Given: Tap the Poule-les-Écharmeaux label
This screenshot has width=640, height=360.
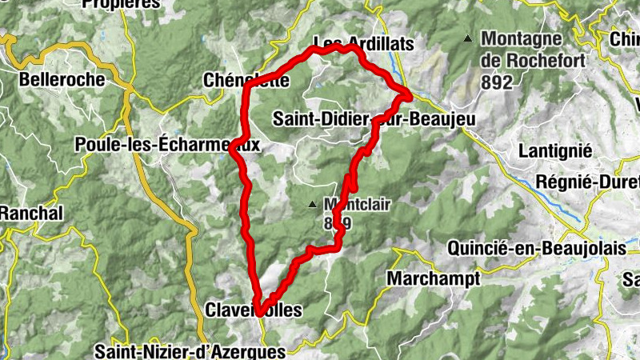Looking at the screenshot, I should (166, 145).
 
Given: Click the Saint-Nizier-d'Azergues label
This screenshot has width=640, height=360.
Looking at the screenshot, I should (190, 351).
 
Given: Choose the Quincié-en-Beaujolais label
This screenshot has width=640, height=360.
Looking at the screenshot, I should (536, 248).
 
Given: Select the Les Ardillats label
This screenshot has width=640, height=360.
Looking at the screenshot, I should (364, 43).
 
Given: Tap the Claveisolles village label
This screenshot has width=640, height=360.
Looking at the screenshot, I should (254, 310).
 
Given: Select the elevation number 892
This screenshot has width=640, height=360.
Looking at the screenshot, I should (497, 81).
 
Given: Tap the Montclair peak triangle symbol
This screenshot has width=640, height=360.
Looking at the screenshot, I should (313, 205).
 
